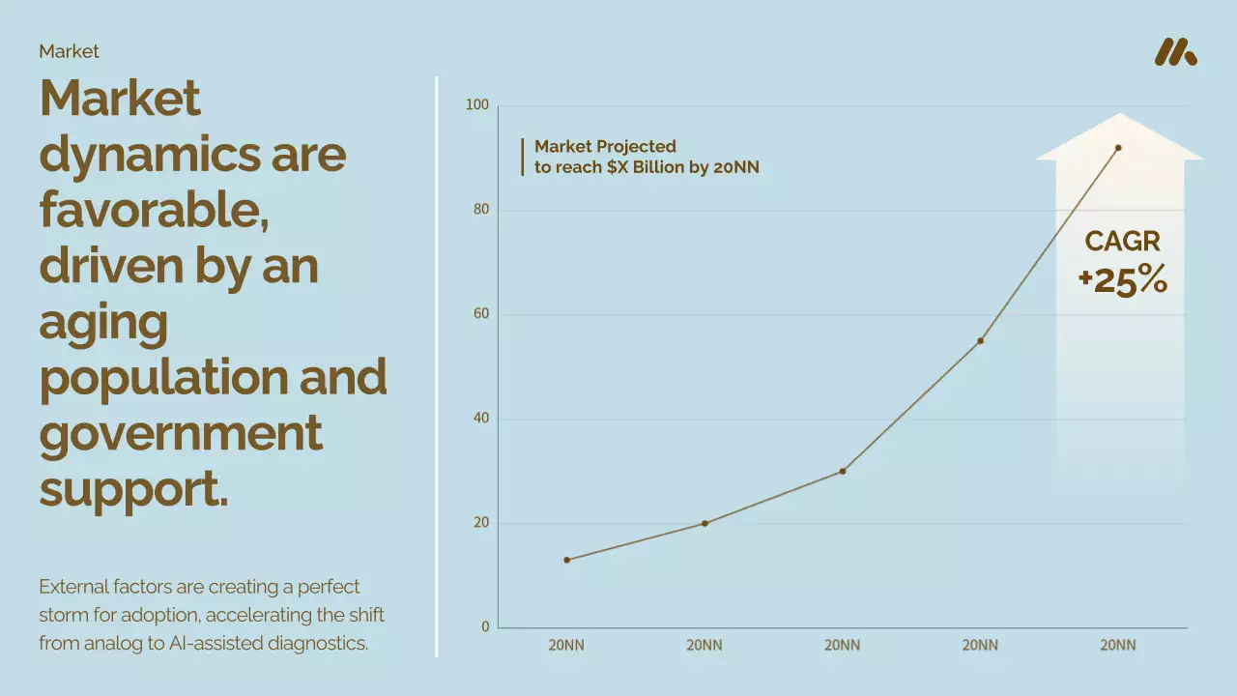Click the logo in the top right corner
pyautogui.click(x=1175, y=52)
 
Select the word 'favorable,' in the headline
pyautogui.click(x=155, y=209)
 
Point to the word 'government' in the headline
pyautogui.click(x=181, y=433)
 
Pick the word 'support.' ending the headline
pyautogui.click(x=133, y=489)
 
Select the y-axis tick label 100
pyautogui.click(x=477, y=105)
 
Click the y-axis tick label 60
pyautogui.click(x=480, y=314)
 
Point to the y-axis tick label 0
pyautogui.click(x=485, y=627)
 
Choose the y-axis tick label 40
pyautogui.click(x=480, y=419)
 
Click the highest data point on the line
pyautogui.click(x=1118, y=148)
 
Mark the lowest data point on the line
pyautogui.click(x=566, y=560)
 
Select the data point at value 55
pyautogui.click(x=980, y=340)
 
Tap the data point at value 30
pyautogui.click(x=843, y=471)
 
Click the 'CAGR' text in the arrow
pyautogui.click(x=1122, y=242)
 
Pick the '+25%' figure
pyautogui.click(x=1123, y=280)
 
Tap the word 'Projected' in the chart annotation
pyautogui.click(x=636, y=147)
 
